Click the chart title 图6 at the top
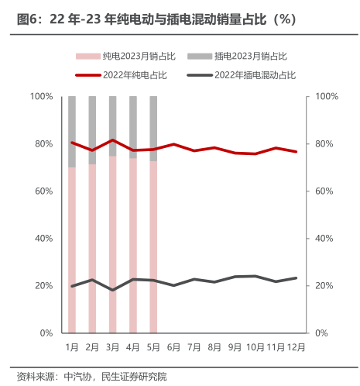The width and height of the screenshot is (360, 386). pos(156,19)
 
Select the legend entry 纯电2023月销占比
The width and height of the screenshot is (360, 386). pos(125,56)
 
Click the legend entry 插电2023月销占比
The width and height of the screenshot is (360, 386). pos(237,56)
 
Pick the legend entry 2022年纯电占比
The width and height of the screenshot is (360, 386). pos(121,75)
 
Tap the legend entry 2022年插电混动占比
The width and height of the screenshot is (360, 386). pos(241,75)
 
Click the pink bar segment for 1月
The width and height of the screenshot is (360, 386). pos(72,250)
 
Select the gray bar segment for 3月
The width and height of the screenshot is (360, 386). pos(113,126)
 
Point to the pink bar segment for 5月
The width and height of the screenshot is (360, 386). pos(153,247)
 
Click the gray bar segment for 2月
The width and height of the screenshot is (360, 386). pos(92,130)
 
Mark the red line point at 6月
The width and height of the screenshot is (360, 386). pos(173,144)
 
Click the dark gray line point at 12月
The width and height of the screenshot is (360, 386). pos(296,278)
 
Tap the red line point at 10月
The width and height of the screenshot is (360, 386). pos(255,153)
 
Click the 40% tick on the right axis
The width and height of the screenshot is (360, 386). pos(324,239)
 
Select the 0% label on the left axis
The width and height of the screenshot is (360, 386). pos(46,333)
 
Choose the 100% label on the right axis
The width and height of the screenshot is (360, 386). pos(327,96)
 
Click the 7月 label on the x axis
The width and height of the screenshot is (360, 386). pos(194,347)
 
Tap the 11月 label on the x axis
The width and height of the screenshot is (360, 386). pos(276,347)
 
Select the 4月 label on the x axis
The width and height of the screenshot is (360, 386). pos(133,347)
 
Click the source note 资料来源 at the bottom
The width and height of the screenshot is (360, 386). pos(92,377)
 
